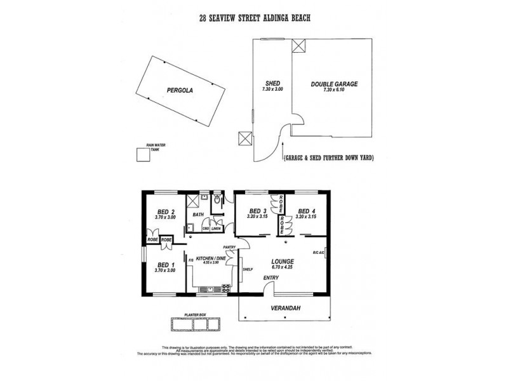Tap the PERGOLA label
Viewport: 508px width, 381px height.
(180, 90)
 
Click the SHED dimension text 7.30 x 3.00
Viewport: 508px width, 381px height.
(272, 90)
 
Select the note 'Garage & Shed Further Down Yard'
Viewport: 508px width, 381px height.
(328, 157)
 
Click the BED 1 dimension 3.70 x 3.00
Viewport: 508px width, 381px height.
(164, 271)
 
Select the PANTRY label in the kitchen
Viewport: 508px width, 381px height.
(229, 247)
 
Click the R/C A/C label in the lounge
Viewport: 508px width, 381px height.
(318, 253)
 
